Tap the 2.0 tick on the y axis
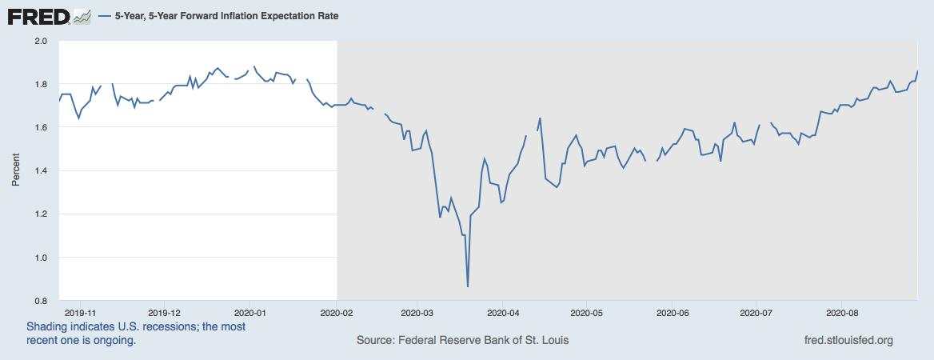(x=41, y=41)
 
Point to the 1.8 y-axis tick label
(x=41, y=84)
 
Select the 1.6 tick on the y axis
(x=41, y=127)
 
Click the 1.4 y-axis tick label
(x=41, y=171)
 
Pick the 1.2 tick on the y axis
(x=41, y=214)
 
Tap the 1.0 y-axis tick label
(x=41, y=258)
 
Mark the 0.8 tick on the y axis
(x=41, y=301)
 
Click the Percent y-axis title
(x=15, y=170)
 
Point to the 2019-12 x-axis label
(x=165, y=313)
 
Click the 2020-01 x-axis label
(x=249, y=313)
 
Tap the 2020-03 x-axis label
(x=417, y=313)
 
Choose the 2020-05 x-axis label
(x=587, y=313)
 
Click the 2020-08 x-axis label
(x=841, y=313)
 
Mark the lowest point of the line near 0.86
(x=468, y=286)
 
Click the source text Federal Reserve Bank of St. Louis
(x=463, y=340)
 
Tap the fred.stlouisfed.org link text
(x=848, y=340)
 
